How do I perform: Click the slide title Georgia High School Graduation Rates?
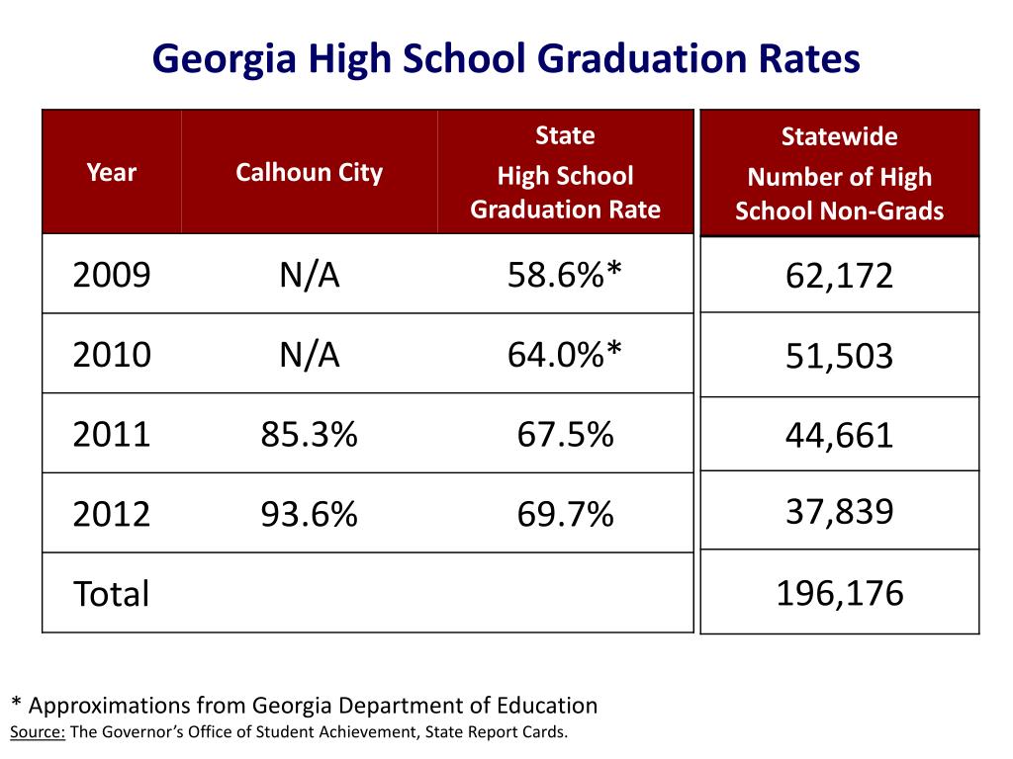tap(506, 60)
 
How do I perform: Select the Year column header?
tap(112, 173)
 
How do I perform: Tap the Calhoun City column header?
tap(309, 173)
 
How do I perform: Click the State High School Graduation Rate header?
tap(565, 173)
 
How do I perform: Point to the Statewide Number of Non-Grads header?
tap(839, 174)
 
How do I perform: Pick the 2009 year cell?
tap(112, 275)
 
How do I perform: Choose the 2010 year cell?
tap(112, 354)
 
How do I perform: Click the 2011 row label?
tap(112, 434)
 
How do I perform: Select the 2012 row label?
tap(112, 514)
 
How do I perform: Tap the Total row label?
tap(112, 594)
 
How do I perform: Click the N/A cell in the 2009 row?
tap(309, 275)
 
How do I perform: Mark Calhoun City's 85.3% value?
tap(309, 434)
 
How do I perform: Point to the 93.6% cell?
tap(309, 514)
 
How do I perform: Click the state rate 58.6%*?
tap(565, 275)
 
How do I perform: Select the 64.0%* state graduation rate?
tap(565, 354)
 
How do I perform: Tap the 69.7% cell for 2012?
tap(565, 514)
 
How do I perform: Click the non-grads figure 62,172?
tap(839, 276)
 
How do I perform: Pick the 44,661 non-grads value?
tap(839, 435)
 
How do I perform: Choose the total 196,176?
tap(839, 593)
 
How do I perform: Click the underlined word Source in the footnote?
tap(38, 732)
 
